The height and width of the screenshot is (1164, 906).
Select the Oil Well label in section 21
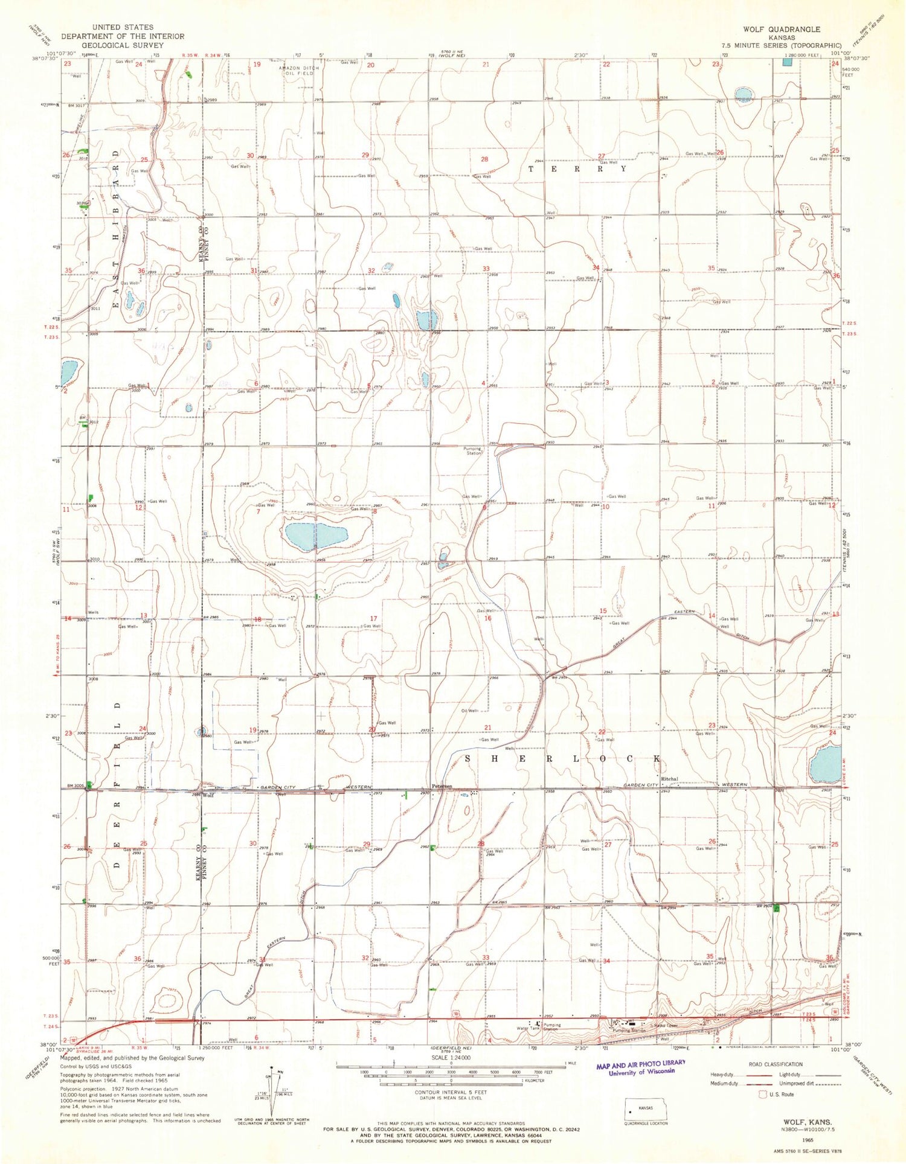click(x=470, y=711)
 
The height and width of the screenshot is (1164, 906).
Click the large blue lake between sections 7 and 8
click(x=314, y=535)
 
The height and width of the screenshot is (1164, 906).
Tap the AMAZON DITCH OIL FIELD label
click(x=298, y=71)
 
